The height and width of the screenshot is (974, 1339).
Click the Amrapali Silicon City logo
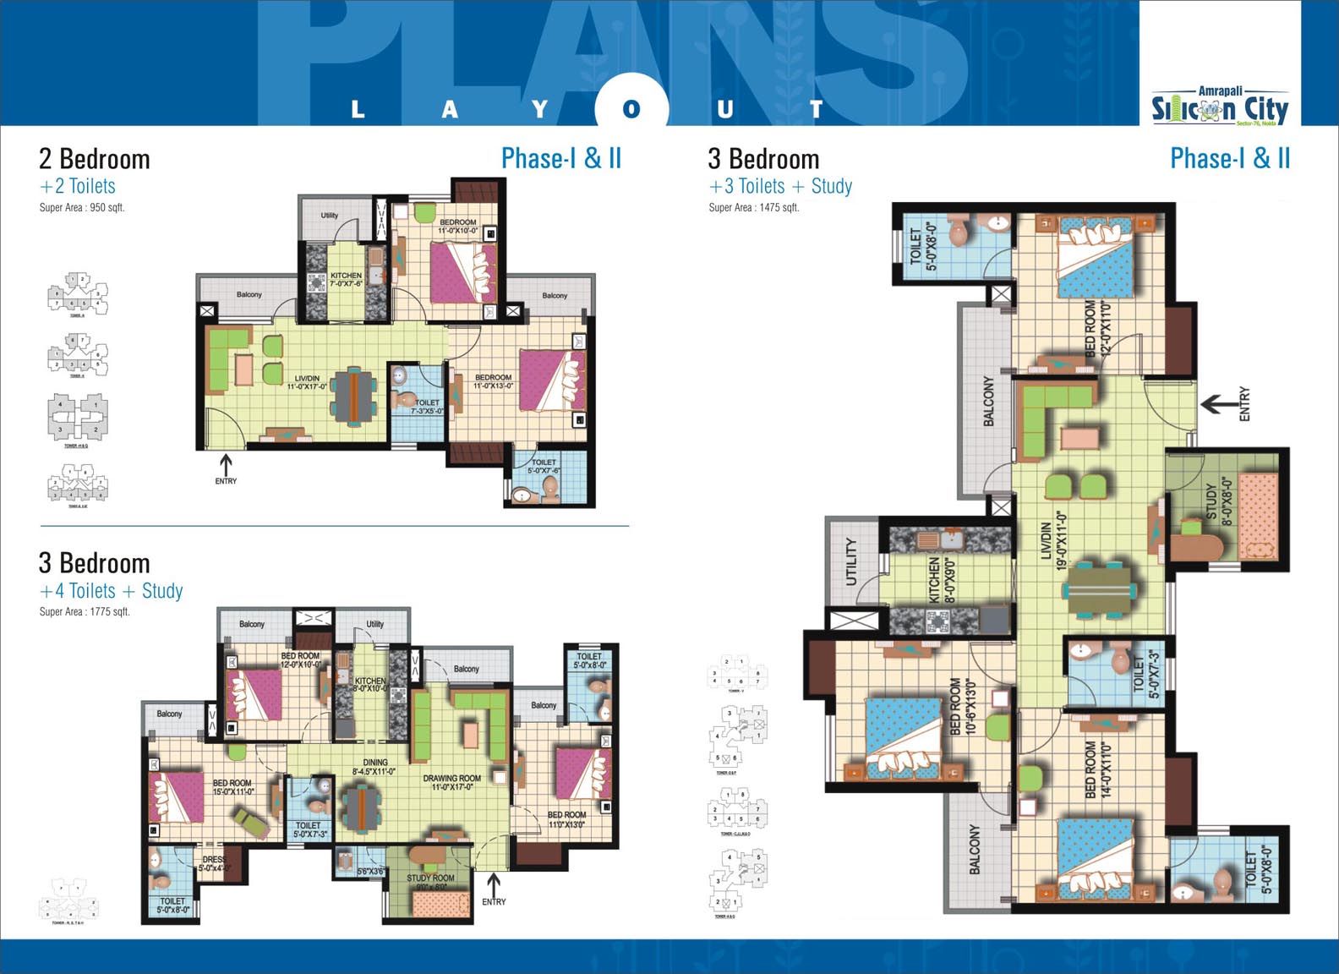point(1220,107)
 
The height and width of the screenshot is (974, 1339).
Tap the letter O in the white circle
point(631,109)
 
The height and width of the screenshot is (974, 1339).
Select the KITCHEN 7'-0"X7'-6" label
point(346,280)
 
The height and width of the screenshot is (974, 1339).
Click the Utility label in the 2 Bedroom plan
point(330,216)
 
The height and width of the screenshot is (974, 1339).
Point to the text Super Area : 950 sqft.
point(82,208)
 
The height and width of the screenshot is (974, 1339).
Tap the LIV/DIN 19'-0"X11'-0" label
point(1053,539)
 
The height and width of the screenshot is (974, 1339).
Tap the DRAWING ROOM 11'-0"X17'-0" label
point(451,783)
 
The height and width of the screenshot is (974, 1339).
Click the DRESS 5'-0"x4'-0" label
point(214,863)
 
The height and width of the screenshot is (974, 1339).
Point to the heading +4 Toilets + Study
point(111,591)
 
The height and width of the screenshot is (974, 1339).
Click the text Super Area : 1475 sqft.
point(754,208)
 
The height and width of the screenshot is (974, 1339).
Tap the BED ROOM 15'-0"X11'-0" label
point(232,787)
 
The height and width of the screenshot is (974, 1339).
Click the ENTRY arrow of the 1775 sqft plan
point(494,885)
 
